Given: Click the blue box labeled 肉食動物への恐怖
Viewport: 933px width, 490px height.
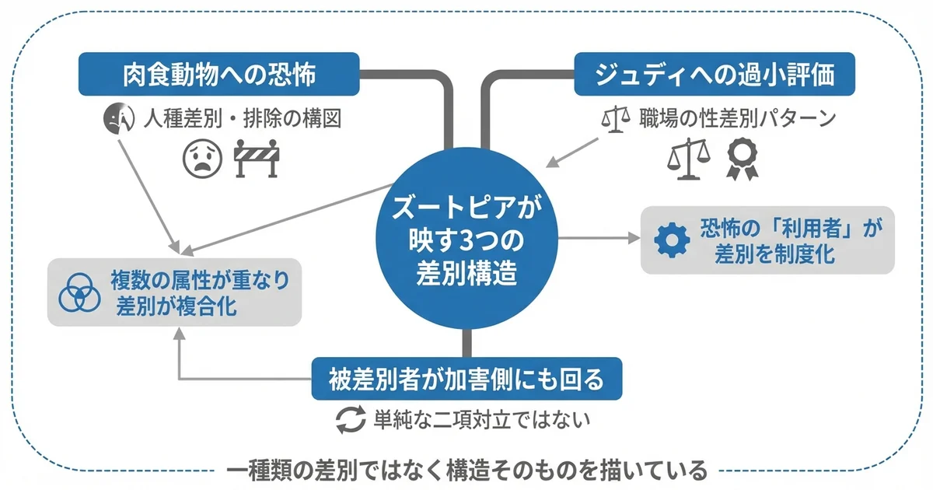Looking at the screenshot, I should coord(219,75).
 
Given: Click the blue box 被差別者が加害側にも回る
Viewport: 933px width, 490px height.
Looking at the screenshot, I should coord(467,380).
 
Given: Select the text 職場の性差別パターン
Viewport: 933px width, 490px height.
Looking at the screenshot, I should coord(737,119).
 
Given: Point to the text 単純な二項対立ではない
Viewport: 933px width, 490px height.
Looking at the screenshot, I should coord(481,421).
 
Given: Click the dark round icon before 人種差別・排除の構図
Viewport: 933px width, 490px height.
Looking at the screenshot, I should coord(115,119).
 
